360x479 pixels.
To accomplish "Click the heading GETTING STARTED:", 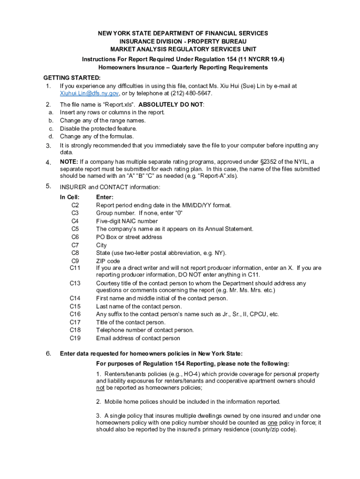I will pyautogui.click(x=72, y=78).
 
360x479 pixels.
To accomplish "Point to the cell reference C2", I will pyautogui.click(x=75, y=205).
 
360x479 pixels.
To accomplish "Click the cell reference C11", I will pyautogui.click(x=75, y=268).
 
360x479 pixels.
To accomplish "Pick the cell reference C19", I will pyautogui.click(x=75, y=338).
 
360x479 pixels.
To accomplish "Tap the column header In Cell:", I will pyautogui.click(x=70, y=197).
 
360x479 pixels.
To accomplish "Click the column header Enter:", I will pyautogui.click(x=105, y=197).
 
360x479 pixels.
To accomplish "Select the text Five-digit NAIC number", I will pyautogui.click(x=127, y=221).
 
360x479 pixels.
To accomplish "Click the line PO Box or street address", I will pyautogui.click(x=129, y=237).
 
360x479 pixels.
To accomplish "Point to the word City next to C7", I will pyautogui.click(x=101, y=245).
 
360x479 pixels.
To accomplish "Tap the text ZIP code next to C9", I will pyautogui.click(x=108, y=261).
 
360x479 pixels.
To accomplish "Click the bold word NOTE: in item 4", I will pyautogui.click(x=69, y=162).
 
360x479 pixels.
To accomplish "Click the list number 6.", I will pyautogui.click(x=48, y=354).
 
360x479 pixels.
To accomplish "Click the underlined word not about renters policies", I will pyautogui.click(x=100, y=388).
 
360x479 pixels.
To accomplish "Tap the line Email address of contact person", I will pyautogui.click(x=138, y=338).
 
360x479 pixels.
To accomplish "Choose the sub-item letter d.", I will pyautogui.click(x=50, y=137).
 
